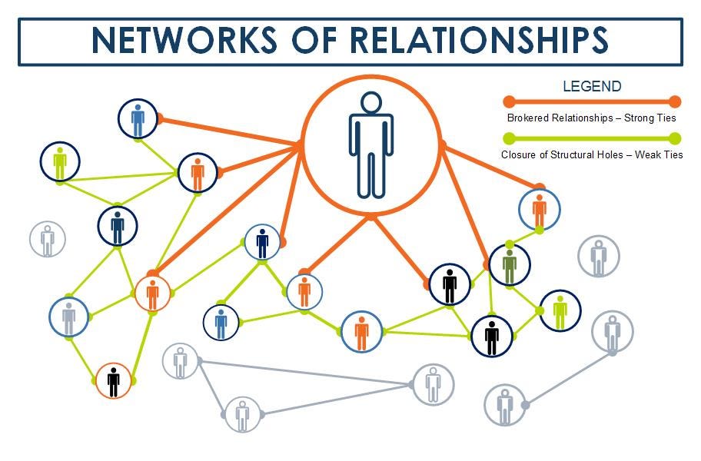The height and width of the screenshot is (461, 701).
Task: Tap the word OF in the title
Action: [x=314, y=40]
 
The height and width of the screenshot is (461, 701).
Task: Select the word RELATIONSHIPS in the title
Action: [x=479, y=40]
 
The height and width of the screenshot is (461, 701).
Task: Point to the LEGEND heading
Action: [x=592, y=86]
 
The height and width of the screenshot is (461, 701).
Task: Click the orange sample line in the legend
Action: [x=592, y=102]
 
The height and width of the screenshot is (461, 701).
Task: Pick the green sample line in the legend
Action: [x=592, y=138]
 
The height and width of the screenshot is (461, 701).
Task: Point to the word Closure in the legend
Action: [x=517, y=154]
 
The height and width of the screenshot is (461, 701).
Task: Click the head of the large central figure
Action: [x=371, y=102]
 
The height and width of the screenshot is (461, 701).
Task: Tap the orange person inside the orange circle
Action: [x=152, y=294]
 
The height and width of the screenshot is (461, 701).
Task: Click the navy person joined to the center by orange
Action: [x=262, y=244]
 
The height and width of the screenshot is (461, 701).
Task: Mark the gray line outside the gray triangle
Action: [x=569, y=380]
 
